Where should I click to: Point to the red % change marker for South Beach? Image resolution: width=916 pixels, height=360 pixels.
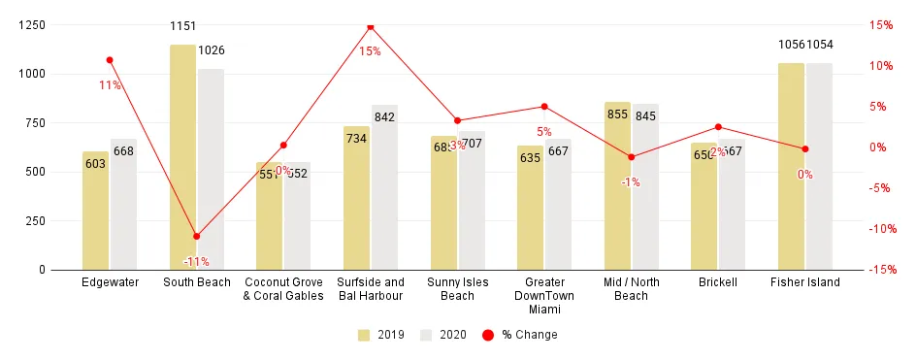pos(196,236)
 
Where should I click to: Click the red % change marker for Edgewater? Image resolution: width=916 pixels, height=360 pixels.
pos(110,60)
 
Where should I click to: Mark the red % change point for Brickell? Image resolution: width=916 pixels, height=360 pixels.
pos(718,127)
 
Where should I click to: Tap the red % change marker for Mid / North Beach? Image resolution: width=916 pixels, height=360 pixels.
pos(631,157)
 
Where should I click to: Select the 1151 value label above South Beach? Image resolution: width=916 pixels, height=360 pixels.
pos(182,26)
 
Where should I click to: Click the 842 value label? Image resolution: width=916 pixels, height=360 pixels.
pos(384,117)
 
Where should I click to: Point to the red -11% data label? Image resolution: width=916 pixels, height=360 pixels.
pos(196,262)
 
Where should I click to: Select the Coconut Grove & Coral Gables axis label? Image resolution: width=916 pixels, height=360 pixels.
pos(283,289)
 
